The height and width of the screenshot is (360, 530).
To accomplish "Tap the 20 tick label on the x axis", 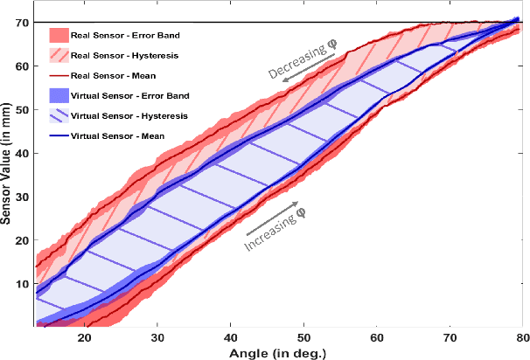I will (x=85, y=336).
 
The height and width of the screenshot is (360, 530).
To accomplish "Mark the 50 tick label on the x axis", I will (x=303, y=336).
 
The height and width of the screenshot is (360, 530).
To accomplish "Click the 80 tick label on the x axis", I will (x=521, y=336).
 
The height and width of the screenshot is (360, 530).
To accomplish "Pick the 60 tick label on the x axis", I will (x=376, y=336).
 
